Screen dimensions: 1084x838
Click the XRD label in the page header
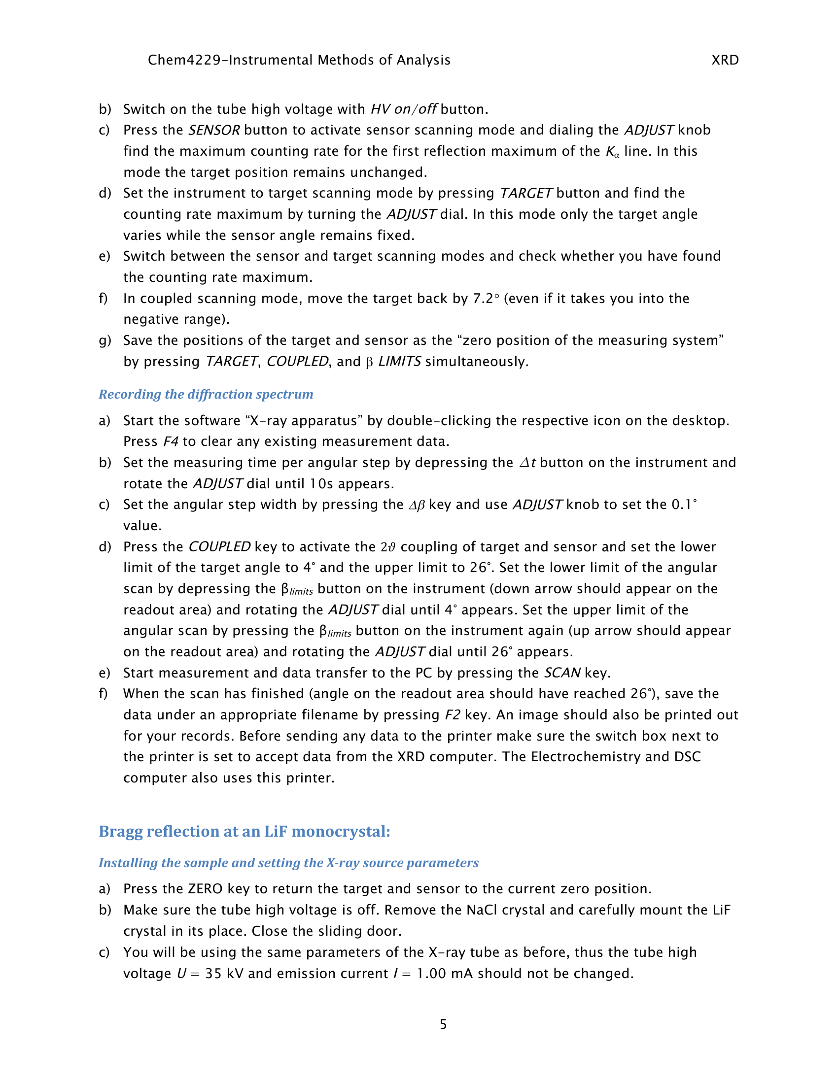(x=725, y=60)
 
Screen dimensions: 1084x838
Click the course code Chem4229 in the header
(x=184, y=60)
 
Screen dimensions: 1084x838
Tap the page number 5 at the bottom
(x=443, y=1024)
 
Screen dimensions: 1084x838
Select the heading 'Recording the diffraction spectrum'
(x=206, y=394)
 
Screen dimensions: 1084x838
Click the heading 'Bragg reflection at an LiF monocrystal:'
(x=244, y=831)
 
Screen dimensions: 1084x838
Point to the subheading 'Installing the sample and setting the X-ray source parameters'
(x=288, y=863)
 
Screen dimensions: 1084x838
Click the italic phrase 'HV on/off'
(x=404, y=109)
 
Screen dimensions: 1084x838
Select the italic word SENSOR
(x=214, y=130)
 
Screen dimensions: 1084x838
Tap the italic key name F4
(x=171, y=441)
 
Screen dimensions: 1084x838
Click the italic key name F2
(x=452, y=715)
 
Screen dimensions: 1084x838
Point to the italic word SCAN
(x=562, y=673)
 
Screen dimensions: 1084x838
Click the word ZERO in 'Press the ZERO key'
(x=205, y=889)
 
